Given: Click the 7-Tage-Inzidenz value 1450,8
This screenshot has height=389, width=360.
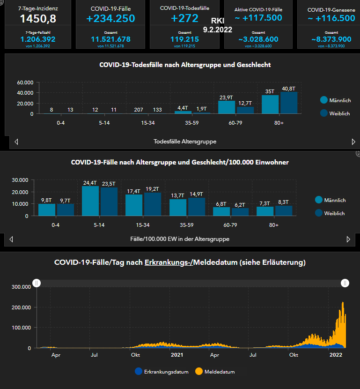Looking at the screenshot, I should pyautogui.click(x=39, y=19).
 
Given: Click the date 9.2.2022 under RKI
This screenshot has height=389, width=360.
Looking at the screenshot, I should pyautogui.click(x=218, y=29).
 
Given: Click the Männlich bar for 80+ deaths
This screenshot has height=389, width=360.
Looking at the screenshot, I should pyautogui.click(x=270, y=105).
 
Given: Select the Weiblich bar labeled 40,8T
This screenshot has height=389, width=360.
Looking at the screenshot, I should pyautogui.click(x=289, y=103).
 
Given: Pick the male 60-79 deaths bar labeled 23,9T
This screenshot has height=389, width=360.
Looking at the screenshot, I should pyautogui.click(x=227, y=107).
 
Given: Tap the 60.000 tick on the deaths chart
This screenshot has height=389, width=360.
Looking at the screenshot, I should pyautogui.click(x=25, y=82).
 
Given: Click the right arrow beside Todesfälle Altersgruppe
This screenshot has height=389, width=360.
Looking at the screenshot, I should pyautogui.click(x=353, y=142).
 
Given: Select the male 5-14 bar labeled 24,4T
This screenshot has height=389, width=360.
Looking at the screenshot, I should pyautogui.click(x=90, y=201).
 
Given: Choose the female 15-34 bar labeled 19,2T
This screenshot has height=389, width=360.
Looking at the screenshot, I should pyautogui.click(x=153, y=204).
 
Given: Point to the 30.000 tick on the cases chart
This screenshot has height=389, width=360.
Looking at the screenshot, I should pyautogui.click(x=20, y=180).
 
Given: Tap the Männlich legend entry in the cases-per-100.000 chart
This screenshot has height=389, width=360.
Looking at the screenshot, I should pyautogui.click(x=330, y=200).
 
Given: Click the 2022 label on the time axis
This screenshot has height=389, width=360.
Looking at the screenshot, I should pyautogui.click(x=335, y=355).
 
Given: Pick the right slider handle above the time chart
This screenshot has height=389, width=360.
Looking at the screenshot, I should pyautogui.click(x=345, y=283).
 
